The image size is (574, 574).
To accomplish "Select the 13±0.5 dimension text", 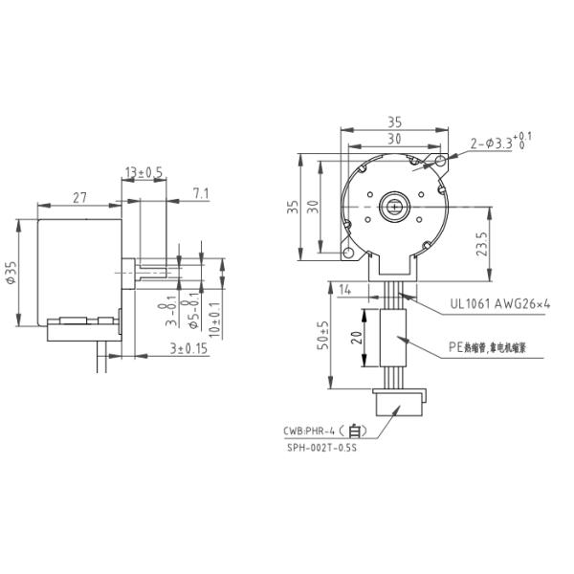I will point(143,172).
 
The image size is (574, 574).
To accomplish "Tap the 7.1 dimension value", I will point(201,194).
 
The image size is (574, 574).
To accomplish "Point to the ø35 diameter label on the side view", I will point(11,273).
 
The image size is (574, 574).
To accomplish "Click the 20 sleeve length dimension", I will point(355,338).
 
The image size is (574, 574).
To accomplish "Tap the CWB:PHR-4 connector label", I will point(320,430).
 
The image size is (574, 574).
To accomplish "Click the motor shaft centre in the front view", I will point(393,205).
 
